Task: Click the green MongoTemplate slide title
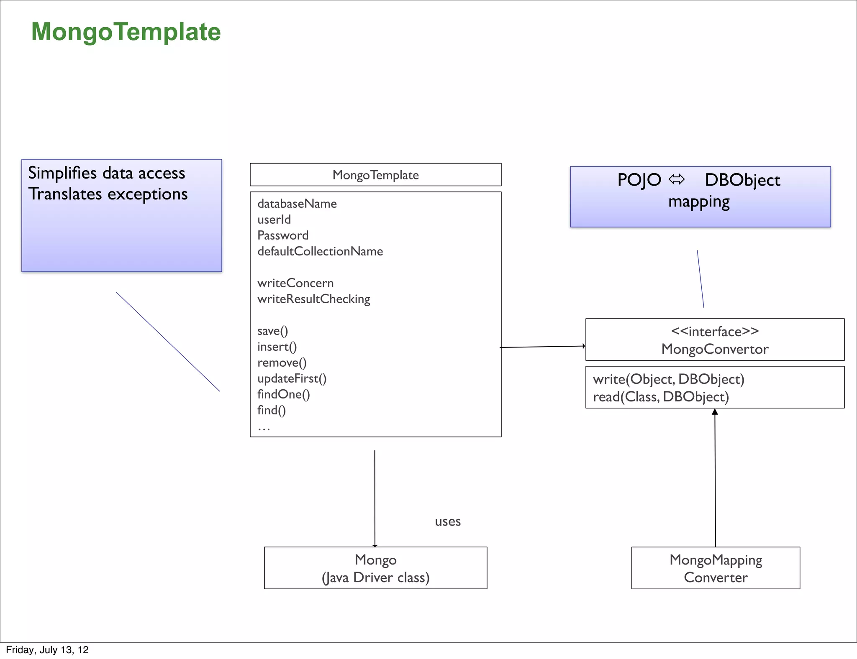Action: tap(126, 32)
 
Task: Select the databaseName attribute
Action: tap(297, 204)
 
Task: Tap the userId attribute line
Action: tap(274, 220)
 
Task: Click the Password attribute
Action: tap(282, 235)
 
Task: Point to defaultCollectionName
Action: tap(320, 251)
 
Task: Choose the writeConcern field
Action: tap(295, 283)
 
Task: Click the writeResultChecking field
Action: tap(313, 299)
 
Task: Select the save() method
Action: tap(272, 331)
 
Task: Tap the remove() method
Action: tap(282, 363)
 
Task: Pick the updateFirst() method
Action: tap(292, 378)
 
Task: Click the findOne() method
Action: tap(283, 394)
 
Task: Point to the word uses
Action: tap(447, 521)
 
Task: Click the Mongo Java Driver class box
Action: tap(375, 568)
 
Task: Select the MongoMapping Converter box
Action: tap(715, 568)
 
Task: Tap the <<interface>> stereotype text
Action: tap(714, 332)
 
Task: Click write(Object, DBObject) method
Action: tap(668, 379)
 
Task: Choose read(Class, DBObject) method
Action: tap(660, 397)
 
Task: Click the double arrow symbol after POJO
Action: tap(676, 180)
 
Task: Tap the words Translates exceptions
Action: tap(108, 194)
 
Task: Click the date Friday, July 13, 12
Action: tap(47, 650)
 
